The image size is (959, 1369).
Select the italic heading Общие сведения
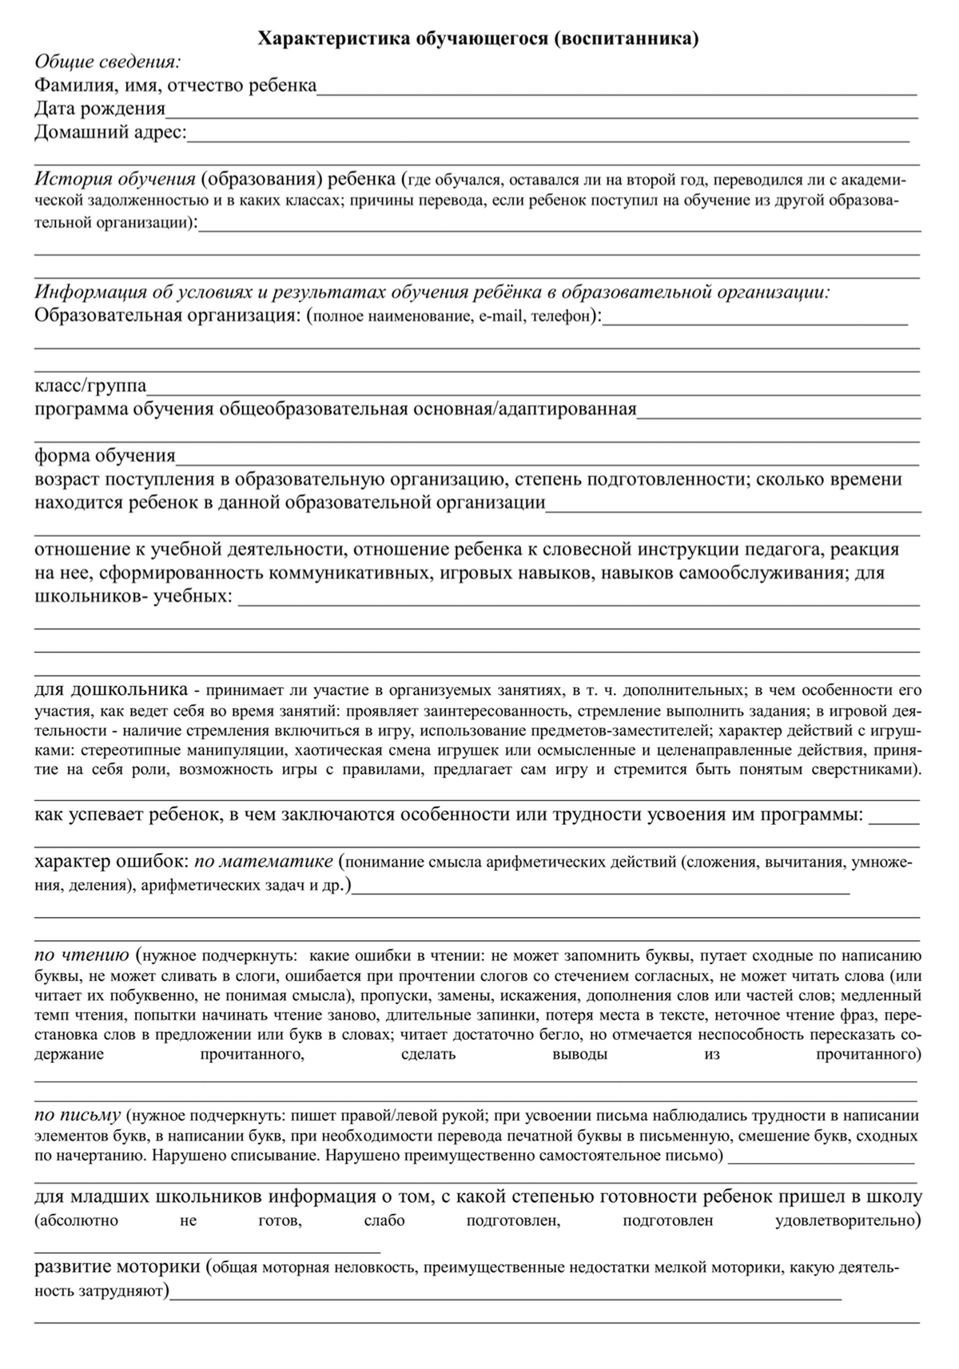107,62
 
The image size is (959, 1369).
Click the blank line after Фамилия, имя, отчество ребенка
616,93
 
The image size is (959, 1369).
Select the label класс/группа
90,386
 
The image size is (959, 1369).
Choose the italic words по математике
263,862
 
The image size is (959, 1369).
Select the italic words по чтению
82,955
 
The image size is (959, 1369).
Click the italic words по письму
78,1115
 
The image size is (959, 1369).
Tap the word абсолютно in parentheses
77,1221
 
